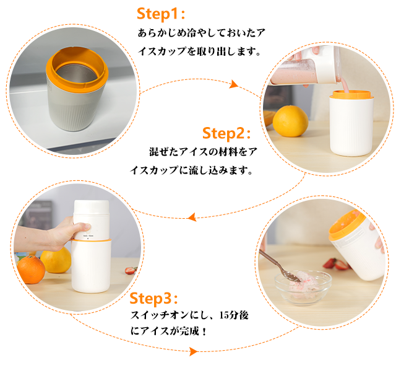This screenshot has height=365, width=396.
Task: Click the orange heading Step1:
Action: click(161, 14)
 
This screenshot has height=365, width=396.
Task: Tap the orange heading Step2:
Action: click(226, 133)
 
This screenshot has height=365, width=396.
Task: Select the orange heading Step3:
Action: click(153, 299)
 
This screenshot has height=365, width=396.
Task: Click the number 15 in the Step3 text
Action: click(224, 315)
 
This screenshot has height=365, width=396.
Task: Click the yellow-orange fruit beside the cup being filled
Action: click(290, 121)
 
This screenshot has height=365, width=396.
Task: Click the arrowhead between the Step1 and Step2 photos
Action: click(233, 84)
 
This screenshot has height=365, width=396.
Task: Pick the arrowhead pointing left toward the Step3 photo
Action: click(192, 217)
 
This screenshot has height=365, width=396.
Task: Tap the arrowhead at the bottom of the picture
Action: click(194, 351)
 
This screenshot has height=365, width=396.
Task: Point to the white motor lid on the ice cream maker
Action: click(92, 219)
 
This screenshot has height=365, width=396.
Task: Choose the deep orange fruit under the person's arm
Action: click(31, 269)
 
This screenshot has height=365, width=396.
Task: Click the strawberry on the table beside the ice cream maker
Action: click(131, 271)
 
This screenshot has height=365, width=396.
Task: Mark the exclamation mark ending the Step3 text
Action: click(204, 331)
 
